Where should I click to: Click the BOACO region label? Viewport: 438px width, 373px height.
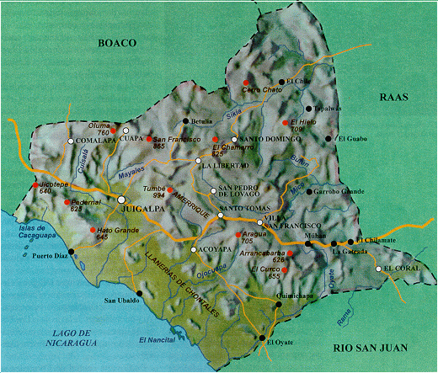click(x=116, y=42)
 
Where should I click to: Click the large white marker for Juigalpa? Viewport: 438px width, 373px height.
click(x=122, y=199)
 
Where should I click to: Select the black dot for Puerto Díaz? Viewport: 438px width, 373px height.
click(x=72, y=251)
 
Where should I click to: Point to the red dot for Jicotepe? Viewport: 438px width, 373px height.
click(x=35, y=184)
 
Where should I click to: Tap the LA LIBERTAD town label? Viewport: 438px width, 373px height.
click(x=228, y=167)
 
